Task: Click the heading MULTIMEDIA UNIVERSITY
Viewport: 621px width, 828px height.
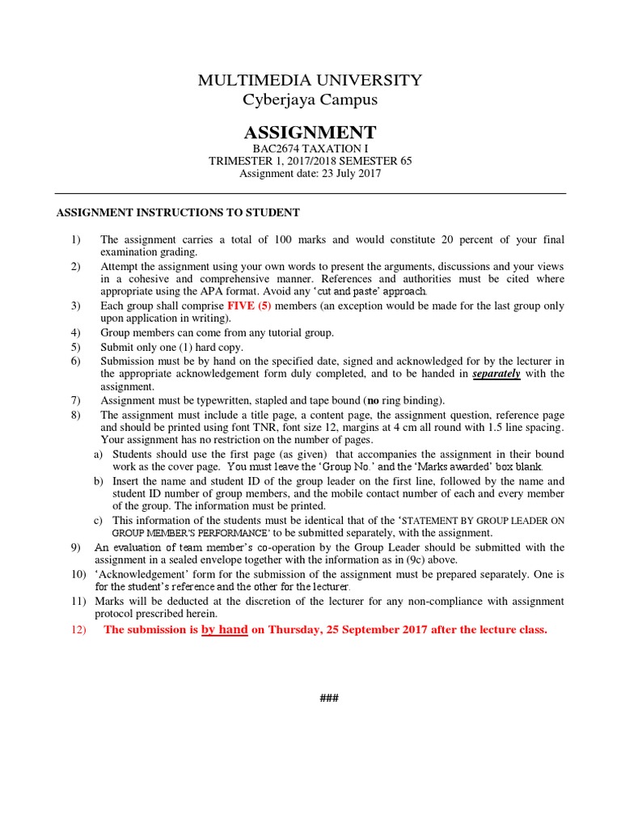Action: pyautogui.click(x=310, y=80)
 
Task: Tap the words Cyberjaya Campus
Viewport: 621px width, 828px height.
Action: pyautogui.click(x=310, y=100)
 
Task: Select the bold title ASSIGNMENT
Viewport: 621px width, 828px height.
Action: pyautogui.click(x=310, y=133)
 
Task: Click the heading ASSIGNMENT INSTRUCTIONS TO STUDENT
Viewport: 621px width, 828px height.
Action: pyautogui.click(x=177, y=213)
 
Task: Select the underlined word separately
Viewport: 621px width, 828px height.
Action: pyautogui.click(x=496, y=374)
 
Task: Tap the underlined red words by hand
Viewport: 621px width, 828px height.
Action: pyautogui.click(x=224, y=630)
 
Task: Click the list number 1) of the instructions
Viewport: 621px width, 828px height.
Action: pyautogui.click(x=76, y=239)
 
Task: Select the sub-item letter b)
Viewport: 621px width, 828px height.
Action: pyautogui.click(x=99, y=481)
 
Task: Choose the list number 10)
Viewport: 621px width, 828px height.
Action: pyautogui.click(x=78, y=574)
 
